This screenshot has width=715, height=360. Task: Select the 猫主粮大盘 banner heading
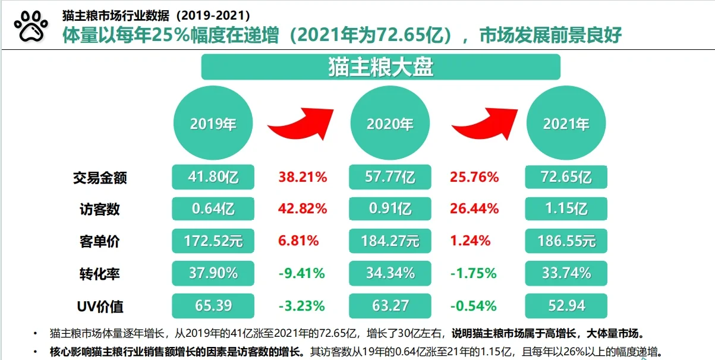(x=380, y=67)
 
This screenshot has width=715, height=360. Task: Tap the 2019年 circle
(x=213, y=124)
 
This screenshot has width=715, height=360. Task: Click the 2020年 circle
(x=389, y=124)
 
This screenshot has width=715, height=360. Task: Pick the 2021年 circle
(x=566, y=124)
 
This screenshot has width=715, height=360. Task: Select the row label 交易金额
(x=100, y=177)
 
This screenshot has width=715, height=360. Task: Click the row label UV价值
(x=100, y=306)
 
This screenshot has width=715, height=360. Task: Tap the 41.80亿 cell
(x=213, y=177)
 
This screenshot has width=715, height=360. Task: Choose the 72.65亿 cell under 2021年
(x=566, y=177)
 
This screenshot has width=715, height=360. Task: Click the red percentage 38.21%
(x=303, y=177)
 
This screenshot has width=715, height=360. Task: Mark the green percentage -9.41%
(x=302, y=273)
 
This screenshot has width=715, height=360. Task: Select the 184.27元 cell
(x=389, y=241)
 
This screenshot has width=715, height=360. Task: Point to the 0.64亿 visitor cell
(x=213, y=209)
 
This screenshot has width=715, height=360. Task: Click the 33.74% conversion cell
(x=566, y=273)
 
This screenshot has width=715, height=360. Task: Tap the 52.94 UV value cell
(x=566, y=306)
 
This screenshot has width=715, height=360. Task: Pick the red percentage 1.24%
(x=471, y=241)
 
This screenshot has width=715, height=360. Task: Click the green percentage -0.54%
(x=474, y=306)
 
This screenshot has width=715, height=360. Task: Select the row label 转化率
(x=100, y=273)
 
